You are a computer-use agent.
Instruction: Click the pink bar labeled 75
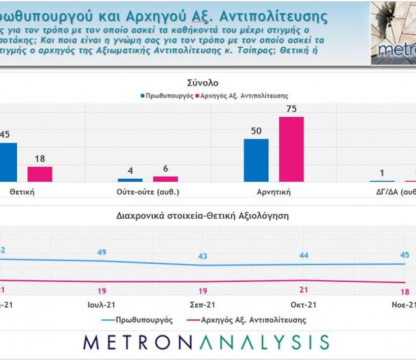(x=291, y=149)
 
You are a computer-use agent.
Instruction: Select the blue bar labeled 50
(x=256, y=160)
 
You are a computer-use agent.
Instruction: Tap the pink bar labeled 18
(x=40, y=174)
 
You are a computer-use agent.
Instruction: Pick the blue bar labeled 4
(x=130, y=180)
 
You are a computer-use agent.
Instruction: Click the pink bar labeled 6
(x=165, y=179)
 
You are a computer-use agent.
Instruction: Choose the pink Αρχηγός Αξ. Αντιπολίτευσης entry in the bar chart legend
(x=240, y=95)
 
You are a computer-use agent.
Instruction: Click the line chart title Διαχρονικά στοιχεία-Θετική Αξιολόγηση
(x=202, y=215)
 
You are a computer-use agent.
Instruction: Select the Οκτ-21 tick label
(x=303, y=305)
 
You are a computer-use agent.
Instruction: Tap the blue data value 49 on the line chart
(x=102, y=252)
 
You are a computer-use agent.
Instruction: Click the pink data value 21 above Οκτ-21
(x=303, y=290)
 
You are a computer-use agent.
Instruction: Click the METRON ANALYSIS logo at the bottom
(x=206, y=342)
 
